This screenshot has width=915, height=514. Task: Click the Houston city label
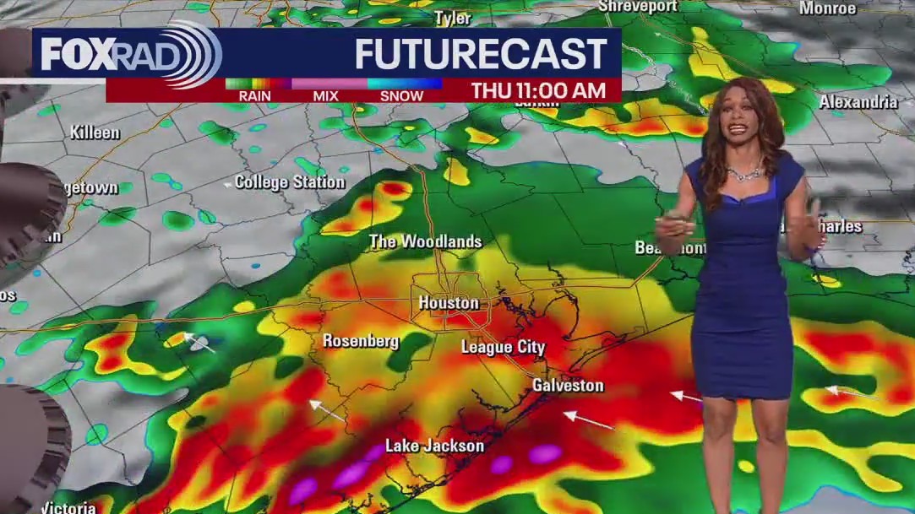click(x=449, y=303)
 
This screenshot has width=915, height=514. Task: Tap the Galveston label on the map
click(x=568, y=386)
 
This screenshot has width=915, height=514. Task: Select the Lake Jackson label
click(x=434, y=446)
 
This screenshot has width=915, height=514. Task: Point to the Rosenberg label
click(x=361, y=342)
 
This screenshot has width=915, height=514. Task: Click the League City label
click(x=503, y=347)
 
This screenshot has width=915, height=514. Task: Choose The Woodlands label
click(x=425, y=242)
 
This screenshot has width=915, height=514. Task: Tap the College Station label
click(x=290, y=182)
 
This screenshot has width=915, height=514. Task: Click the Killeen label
click(x=95, y=133)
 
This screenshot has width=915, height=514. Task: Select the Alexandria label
click(x=858, y=102)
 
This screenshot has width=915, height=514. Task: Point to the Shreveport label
click(x=638, y=7)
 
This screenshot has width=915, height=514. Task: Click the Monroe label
click(x=827, y=8)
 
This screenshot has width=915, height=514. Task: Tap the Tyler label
click(x=452, y=18)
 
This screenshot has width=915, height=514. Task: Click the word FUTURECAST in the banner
click(x=481, y=55)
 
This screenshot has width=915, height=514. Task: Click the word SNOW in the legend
click(x=401, y=96)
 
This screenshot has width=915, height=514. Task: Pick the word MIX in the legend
click(x=325, y=96)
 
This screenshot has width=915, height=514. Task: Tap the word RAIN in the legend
click(x=254, y=96)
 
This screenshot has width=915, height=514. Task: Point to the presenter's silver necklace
click(x=743, y=173)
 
